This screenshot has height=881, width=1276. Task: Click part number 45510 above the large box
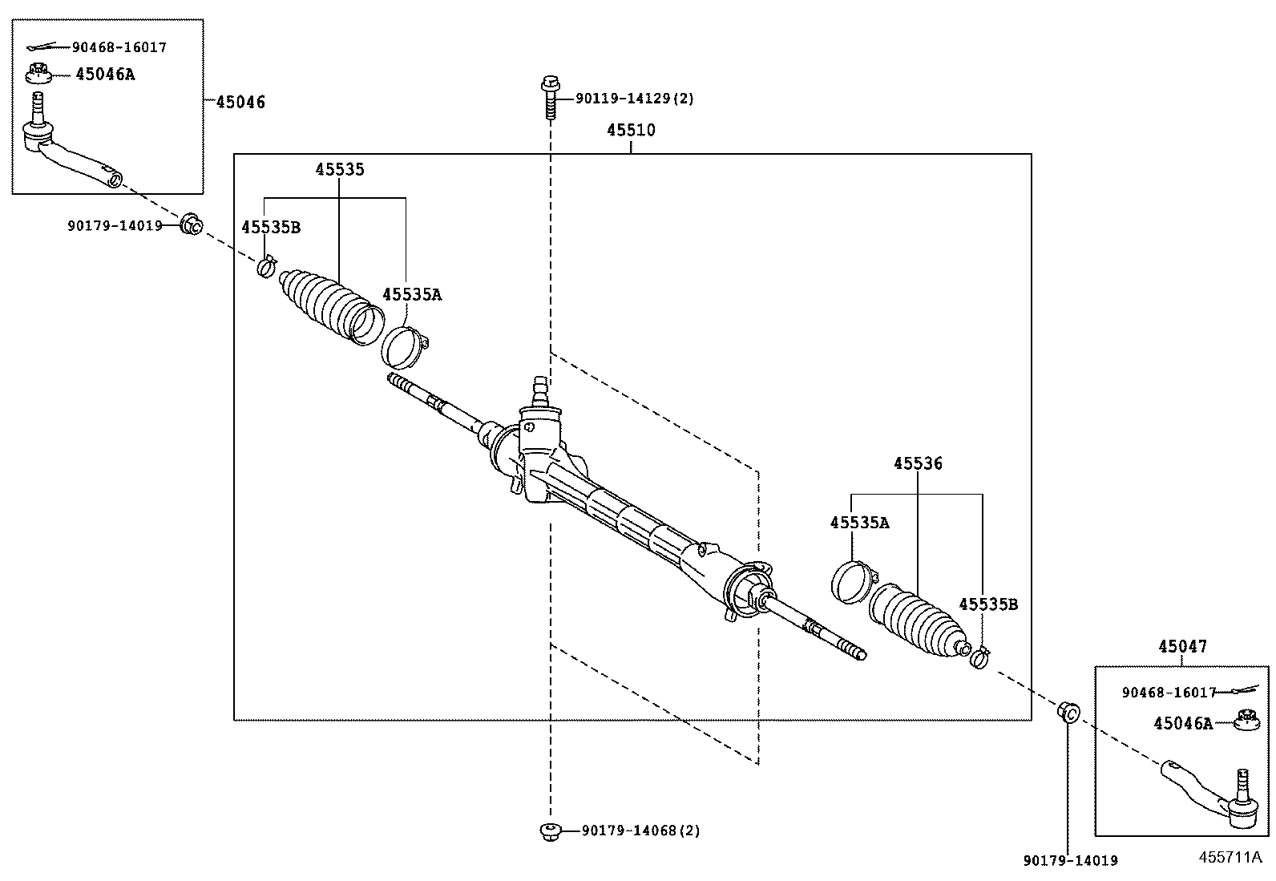click(x=630, y=130)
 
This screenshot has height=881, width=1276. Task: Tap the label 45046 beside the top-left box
click(x=240, y=102)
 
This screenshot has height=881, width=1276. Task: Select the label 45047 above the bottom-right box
click(x=1182, y=646)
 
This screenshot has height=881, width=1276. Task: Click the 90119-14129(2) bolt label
click(x=634, y=99)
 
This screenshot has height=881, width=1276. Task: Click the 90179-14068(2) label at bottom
click(x=640, y=830)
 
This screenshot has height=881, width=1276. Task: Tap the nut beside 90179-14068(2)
click(x=550, y=830)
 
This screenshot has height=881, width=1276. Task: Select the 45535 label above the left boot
click(x=339, y=169)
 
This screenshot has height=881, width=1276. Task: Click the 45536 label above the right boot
click(x=918, y=463)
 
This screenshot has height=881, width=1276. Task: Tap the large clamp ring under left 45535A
click(x=405, y=344)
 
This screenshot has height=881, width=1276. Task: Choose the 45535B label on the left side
click(x=270, y=227)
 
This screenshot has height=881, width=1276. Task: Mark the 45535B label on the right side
click(x=987, y=604)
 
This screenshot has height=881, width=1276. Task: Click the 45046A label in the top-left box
click(x=105, y=75)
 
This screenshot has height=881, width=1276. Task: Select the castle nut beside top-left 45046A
click(x=38, y=74)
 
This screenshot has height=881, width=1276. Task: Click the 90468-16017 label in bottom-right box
click(x=1169, y=692)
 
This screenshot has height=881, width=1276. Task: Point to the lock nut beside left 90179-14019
click(x=191, y=225)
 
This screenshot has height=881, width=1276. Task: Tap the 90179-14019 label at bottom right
click(x=1070, y=860)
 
